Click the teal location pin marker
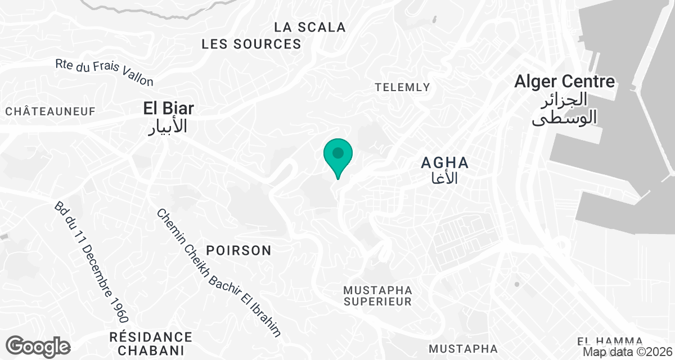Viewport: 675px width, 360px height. point(338,155)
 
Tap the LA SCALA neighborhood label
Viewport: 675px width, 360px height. point(310,27)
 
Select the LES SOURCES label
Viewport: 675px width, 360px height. point(251,44)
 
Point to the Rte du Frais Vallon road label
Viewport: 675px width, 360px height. point(105,73)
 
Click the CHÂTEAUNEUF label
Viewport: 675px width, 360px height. point(51,112)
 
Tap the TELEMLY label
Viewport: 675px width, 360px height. point(402,87)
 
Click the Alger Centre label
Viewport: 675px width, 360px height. point(564,82)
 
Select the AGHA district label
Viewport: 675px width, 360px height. point(445,163)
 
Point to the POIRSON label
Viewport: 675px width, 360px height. point(238,250)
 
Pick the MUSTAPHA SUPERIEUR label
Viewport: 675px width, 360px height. point(378,296)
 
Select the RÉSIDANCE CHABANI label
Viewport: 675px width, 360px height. point(150,344)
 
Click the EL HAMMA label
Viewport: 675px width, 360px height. point(610,341)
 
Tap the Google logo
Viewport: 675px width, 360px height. point(38,346)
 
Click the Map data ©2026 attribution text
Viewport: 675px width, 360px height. point(627,352)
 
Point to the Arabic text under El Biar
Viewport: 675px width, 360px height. point(167,127)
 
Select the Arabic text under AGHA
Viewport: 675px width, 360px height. point(444,179)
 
